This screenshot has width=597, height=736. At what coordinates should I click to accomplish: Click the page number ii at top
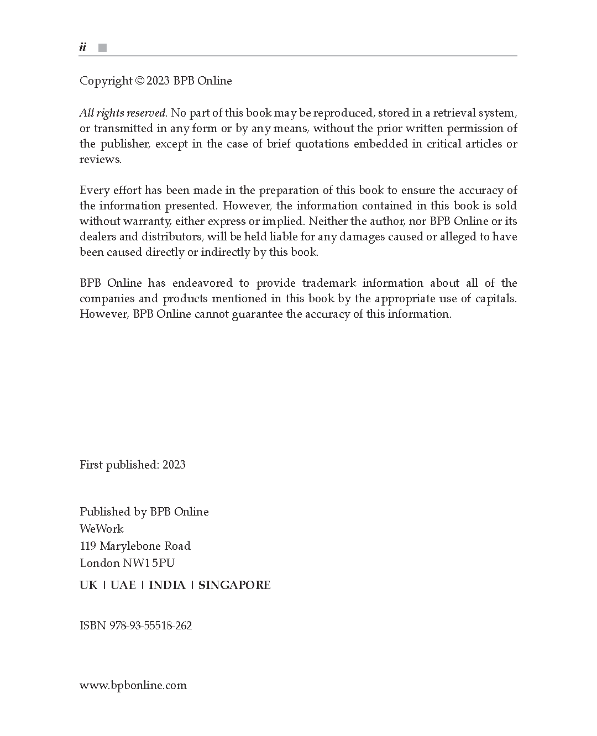click(83, 48)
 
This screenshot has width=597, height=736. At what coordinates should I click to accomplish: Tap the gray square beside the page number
click(102, 48)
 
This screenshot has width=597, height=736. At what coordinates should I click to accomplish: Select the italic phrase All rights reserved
click(123, 113)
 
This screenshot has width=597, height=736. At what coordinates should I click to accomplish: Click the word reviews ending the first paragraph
click(99, 160)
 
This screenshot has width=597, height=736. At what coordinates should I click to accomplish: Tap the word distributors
click(172, 237)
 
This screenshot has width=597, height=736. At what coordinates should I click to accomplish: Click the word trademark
click(328, 283)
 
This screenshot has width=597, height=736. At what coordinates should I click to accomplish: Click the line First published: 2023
click(133, 465)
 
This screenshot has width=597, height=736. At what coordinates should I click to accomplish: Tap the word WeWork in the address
click(102, 529)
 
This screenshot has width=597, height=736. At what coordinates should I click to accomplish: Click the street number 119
click(88, 546)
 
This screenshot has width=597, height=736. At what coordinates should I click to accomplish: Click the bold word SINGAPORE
click(234, 585)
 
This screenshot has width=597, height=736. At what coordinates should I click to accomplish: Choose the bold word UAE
click(123, 585)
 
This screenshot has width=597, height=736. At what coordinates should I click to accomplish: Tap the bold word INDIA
click(167, 585)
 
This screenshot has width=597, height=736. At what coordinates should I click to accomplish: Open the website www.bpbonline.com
click(133, 686)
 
